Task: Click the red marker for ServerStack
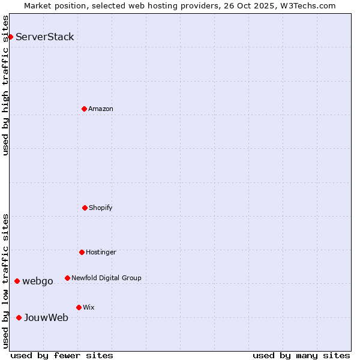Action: coord(10,37)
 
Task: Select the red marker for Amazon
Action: coord(85,109)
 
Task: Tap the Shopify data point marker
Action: coord(85,208)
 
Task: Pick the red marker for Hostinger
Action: coord(82,252)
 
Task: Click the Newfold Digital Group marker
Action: coord(67,278)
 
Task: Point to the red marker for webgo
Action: coord(17,281)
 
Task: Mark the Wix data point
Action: coord(79,307)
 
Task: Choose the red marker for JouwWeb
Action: coord(19,317)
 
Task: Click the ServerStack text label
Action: coord(45,37)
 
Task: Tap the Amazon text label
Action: coord(101,109)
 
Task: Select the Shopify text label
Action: coord(101,208)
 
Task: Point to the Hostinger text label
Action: coord(101,252)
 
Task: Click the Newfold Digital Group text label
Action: coord(107,278)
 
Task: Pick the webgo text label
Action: coord(38,281)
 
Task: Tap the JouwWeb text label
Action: coord(46,317)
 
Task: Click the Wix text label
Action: coord(89,307)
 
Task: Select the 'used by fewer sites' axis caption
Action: coord(62,355)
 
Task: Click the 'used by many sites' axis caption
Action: coord(301,355)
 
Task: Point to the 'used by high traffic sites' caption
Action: coord(5,85)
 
